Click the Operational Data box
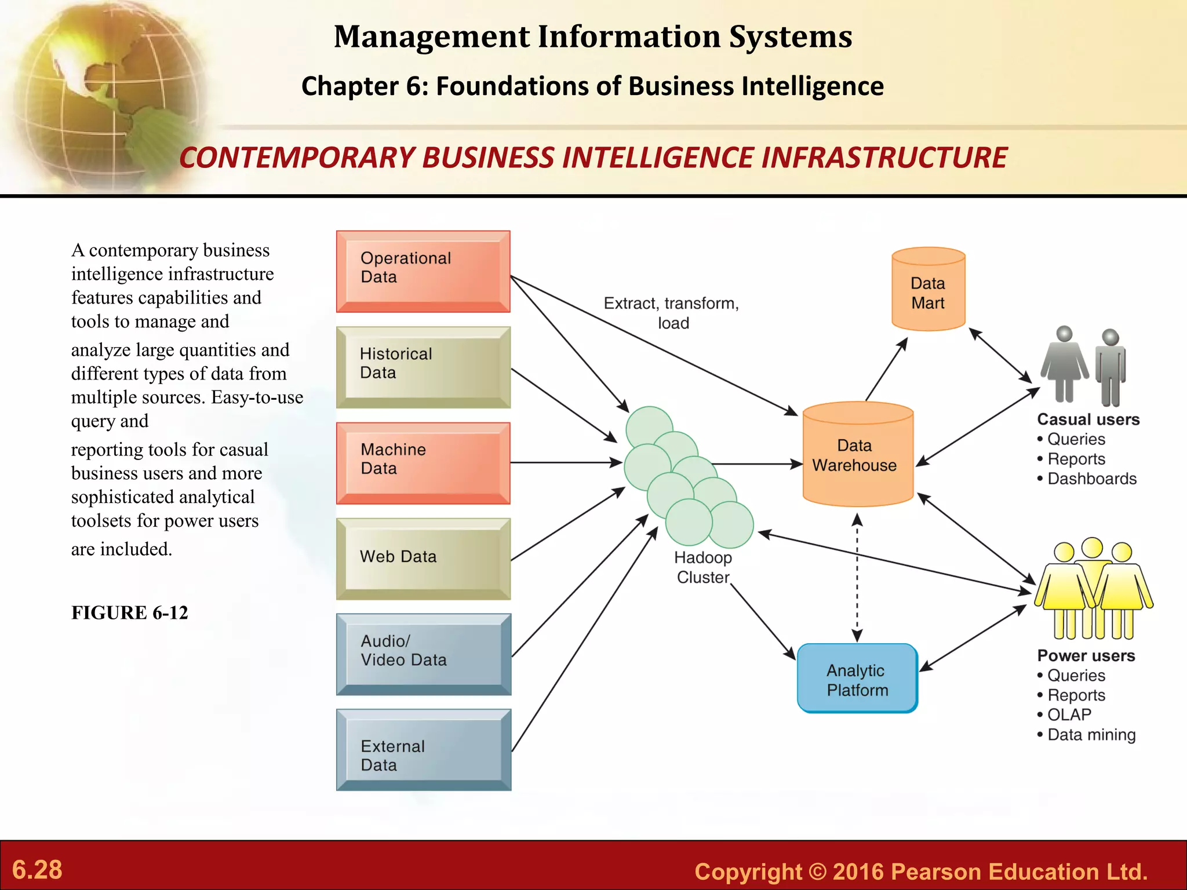coord(423,271)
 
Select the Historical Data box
coord(423,367)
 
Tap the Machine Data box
coord(423,463)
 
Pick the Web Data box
coord(423,559)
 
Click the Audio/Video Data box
coord(423,654)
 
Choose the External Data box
coord(423,750)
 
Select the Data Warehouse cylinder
coord(857,455)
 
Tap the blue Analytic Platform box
coord(857,679)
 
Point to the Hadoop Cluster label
coord(702,567)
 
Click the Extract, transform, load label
coord(672,313)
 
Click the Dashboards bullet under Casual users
coord(1091,479)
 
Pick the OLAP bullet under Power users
coord(1069,714)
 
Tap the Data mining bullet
coord(1091,735)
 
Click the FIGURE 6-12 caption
coord(130,612)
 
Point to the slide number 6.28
coord(37,869)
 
